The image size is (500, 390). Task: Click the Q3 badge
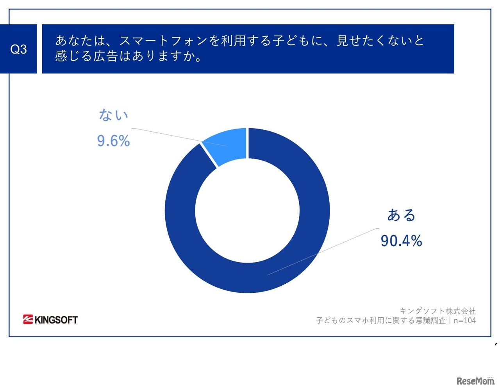click(18, 49)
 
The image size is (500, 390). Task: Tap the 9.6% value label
click(113, 141)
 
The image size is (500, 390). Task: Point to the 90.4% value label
click(401, 241)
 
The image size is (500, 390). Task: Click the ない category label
click(113, 115)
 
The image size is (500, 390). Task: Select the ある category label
click(401, 215)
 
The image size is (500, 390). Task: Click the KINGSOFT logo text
click(56, 320)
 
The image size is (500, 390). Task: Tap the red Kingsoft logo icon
click(28, 320)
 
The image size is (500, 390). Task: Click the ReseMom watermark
click(475, 381)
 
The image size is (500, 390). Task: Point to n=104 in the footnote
click(464, 321)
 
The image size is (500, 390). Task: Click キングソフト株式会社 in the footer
click(437, 311)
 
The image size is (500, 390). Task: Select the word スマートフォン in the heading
click(164, 41)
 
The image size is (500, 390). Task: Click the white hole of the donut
click(247, 211)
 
